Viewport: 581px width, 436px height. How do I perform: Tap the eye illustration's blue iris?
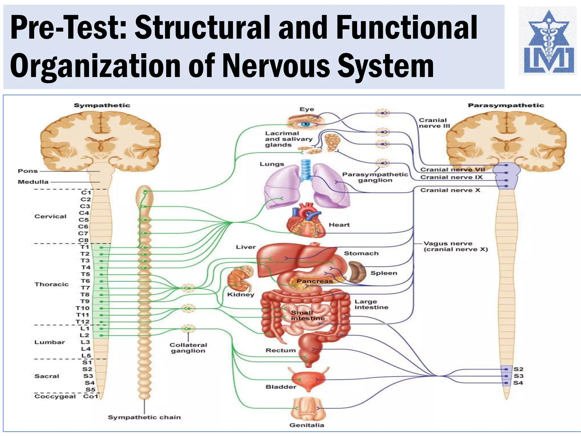305,124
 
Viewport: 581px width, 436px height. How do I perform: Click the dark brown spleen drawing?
357,272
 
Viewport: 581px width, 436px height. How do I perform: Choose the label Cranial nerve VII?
452,170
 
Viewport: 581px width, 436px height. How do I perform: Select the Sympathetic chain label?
144,417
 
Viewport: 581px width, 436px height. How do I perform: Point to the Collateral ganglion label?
188,348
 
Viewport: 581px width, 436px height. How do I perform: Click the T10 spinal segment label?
83,308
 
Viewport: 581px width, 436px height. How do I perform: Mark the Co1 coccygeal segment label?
90,396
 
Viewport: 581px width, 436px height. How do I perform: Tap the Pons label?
28,171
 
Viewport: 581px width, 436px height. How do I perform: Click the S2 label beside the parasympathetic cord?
518,369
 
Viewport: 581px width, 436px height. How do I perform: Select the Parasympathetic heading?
506,105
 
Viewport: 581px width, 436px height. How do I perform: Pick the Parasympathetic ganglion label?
375,177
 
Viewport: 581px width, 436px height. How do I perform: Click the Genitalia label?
307,425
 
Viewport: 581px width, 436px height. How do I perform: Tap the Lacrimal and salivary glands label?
289,139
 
